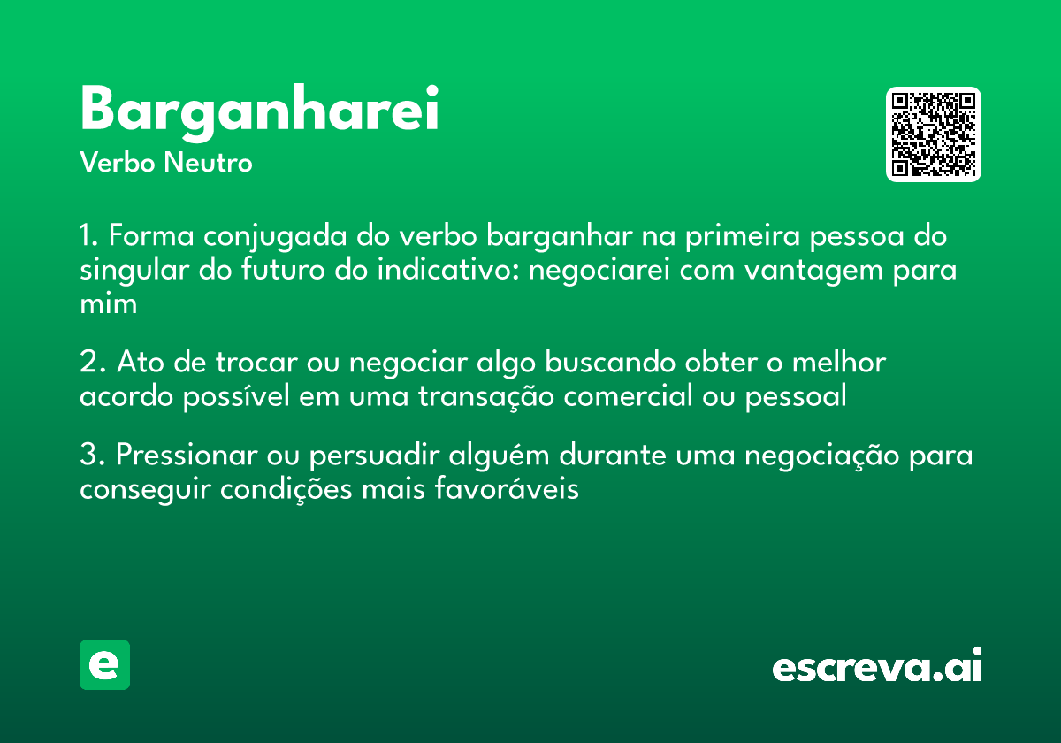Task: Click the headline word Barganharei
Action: coord(259,111)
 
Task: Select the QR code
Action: coord(933,134)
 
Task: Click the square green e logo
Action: coord(104,664)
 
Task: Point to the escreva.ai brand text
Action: coord(877,668)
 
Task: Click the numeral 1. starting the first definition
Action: coord(89,237)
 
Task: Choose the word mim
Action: coord(108,303)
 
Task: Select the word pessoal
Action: coord(796,396)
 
